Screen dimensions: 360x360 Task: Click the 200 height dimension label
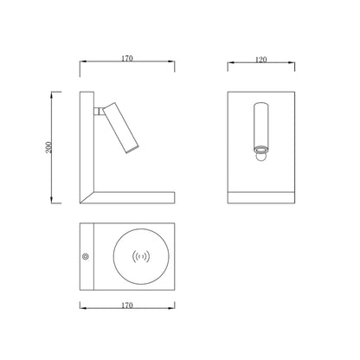tap(49, 147)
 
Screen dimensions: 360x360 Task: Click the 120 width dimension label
tap(261, 60)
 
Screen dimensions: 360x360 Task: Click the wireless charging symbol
tap(141, 256)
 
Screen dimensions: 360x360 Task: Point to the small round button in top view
tap(86, 256)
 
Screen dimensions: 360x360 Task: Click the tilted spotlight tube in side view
tap(121, 127)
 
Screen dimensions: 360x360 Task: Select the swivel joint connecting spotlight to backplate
tap(99, 111)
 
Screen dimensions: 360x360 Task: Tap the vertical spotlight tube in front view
tap(261, 125)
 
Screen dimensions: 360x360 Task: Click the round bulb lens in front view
tap(261, 157)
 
